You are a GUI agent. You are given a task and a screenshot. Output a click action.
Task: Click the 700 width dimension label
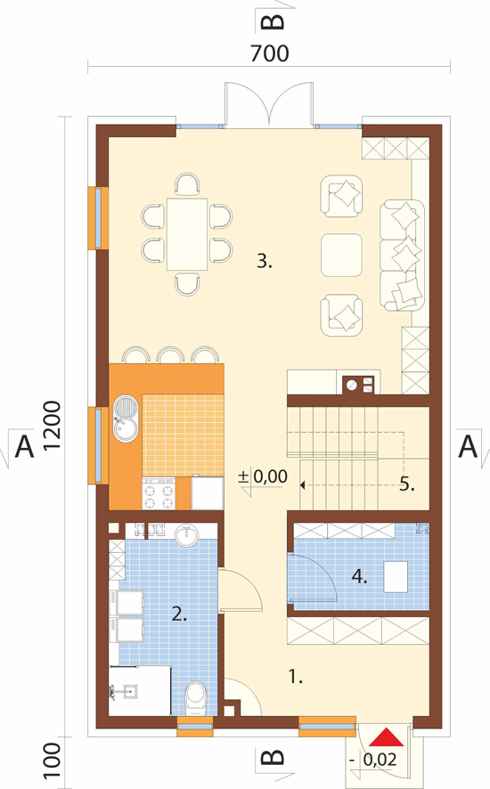point(270,53)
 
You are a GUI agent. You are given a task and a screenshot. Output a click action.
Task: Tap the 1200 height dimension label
point(53,426)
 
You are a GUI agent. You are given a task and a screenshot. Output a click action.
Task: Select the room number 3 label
point(265,261)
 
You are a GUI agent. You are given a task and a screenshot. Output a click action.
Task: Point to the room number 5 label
point(407,484)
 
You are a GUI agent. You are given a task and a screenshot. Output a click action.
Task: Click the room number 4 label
point(359,576)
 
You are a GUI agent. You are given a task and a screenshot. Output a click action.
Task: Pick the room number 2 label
point(179,614)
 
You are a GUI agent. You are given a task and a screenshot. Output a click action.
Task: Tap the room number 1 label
point(296,677)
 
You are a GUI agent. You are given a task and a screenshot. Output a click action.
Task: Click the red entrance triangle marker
point(387,737)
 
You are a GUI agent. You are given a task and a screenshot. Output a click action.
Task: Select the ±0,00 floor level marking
point(263,476)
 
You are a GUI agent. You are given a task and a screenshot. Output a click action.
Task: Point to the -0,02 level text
point(373,760)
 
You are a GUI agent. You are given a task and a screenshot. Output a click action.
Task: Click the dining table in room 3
point(187,234)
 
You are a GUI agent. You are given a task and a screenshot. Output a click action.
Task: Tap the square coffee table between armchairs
point(341,255)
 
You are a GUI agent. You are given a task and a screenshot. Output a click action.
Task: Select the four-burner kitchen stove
point(159,493)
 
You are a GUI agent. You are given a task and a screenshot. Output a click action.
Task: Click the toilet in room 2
point(195,698)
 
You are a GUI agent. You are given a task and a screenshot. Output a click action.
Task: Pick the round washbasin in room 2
point(188,535)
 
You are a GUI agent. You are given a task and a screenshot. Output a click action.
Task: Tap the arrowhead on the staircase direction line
point(302,485)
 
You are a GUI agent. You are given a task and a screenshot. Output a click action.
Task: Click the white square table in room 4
point(396,577)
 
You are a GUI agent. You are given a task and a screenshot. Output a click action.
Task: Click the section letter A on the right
point(468,446)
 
